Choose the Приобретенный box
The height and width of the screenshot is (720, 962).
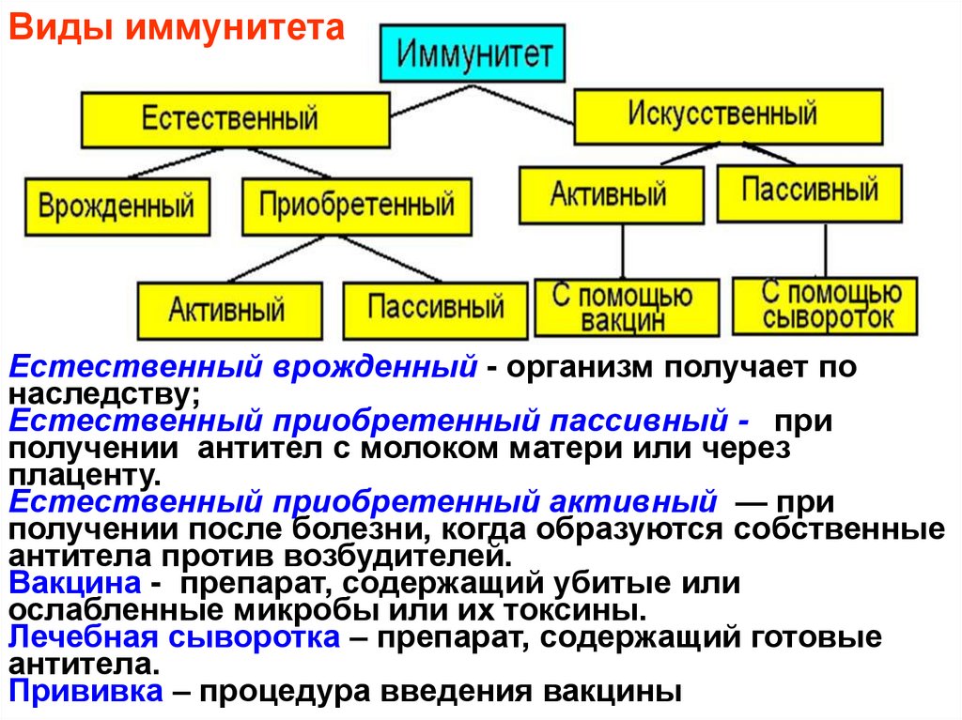tap(357, 205)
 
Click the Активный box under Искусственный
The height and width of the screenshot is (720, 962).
tap(610, 194)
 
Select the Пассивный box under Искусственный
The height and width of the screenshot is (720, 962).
tap(809, 192)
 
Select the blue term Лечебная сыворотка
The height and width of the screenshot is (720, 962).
tap(174, 638)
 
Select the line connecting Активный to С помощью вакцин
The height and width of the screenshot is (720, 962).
tap(624, 251)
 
